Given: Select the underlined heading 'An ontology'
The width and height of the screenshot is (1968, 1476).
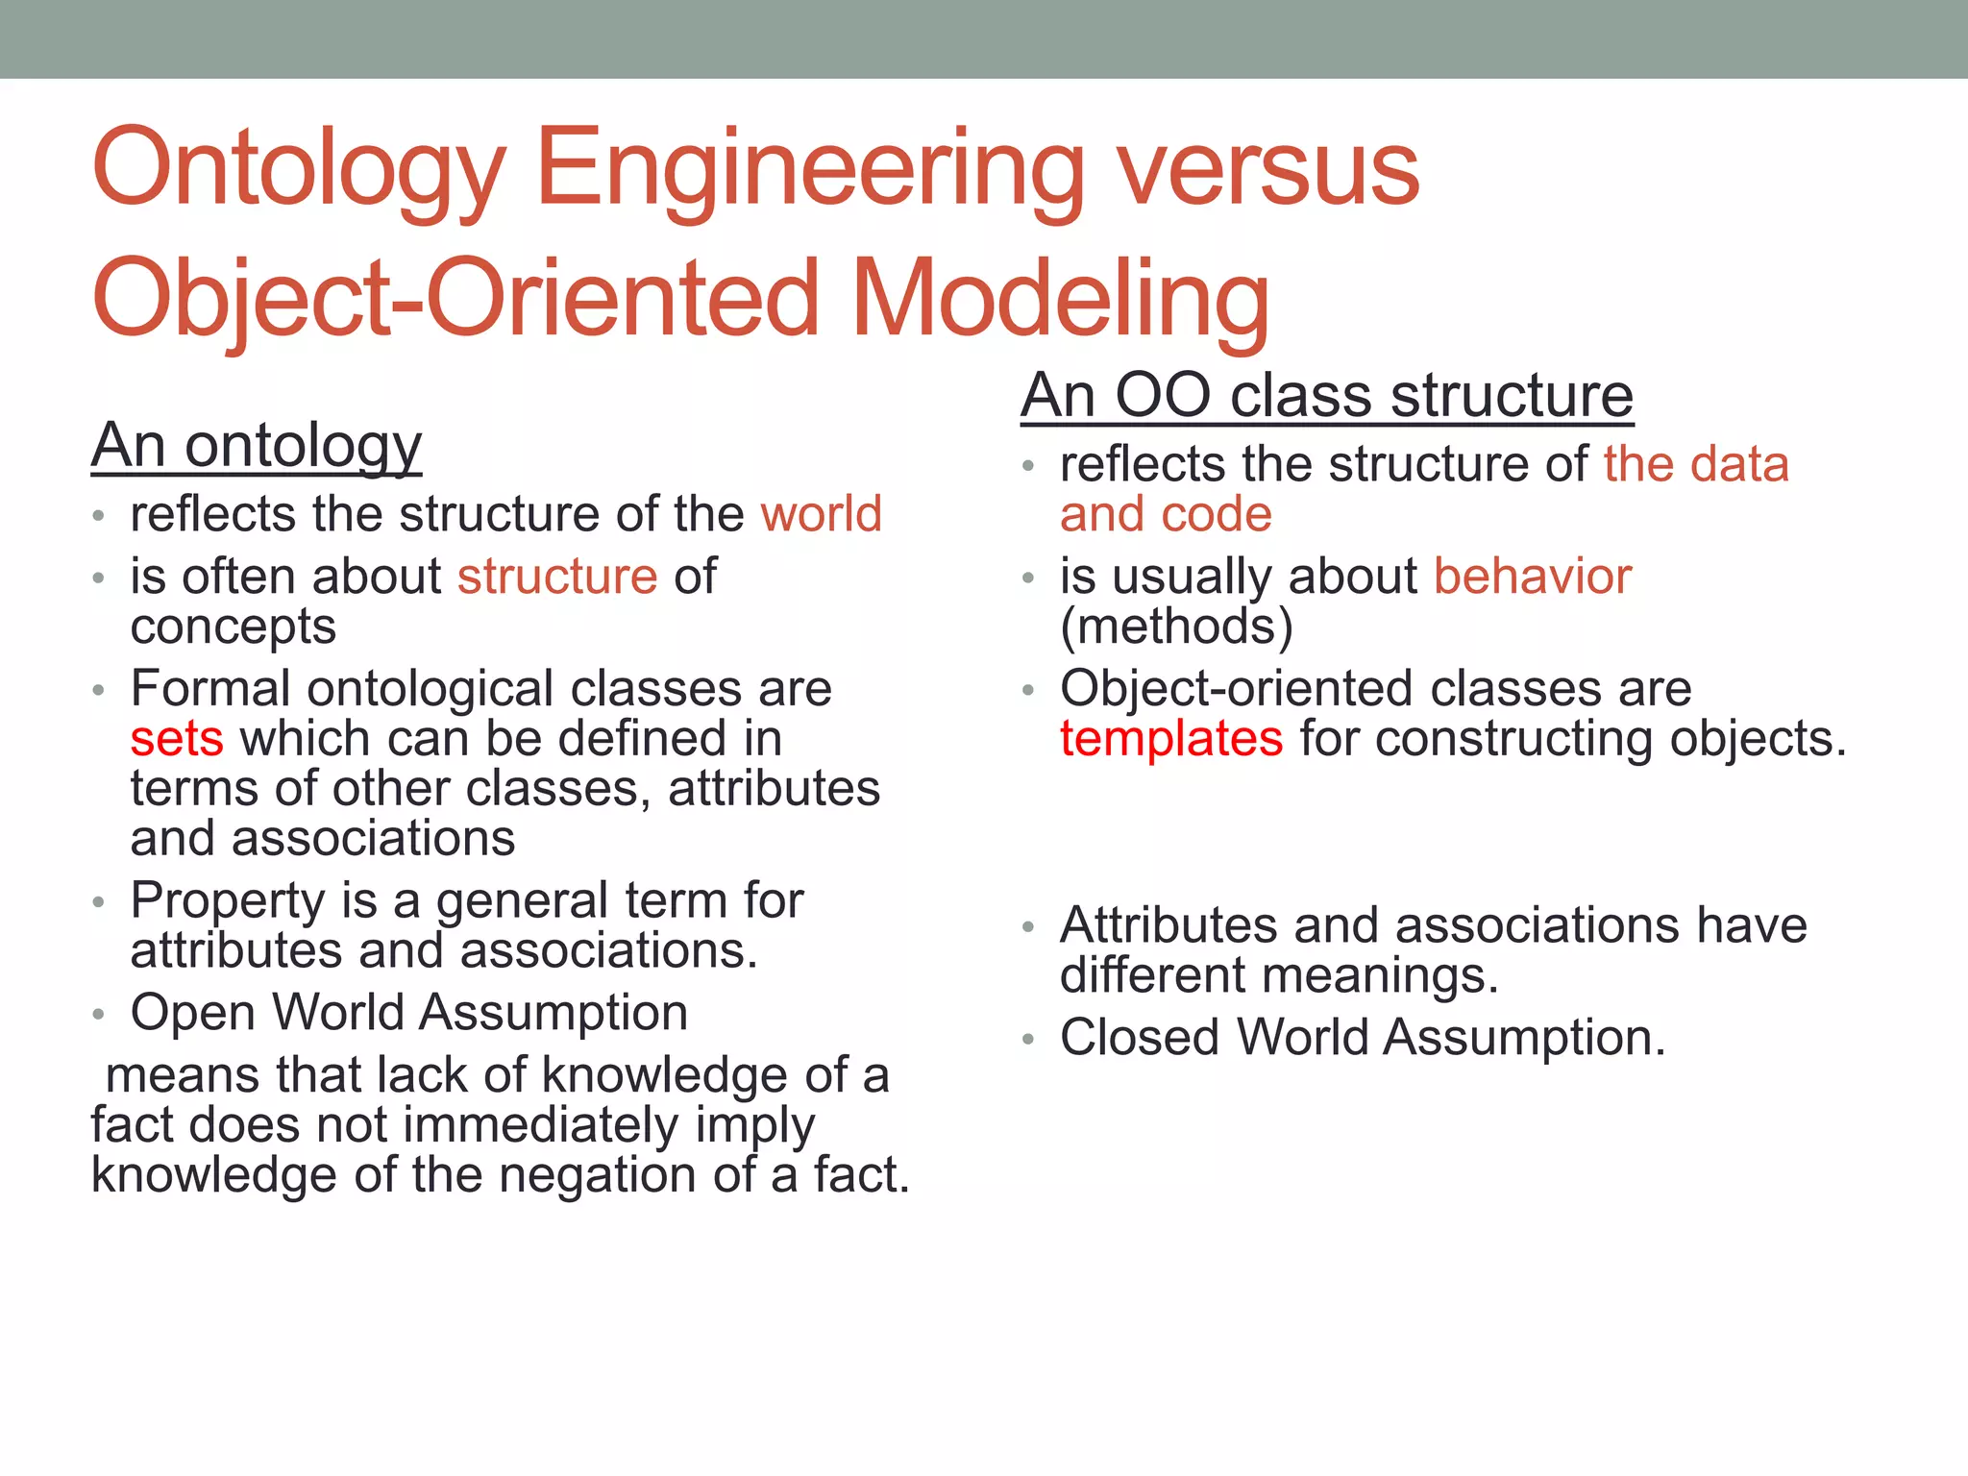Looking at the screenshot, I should coord(257,446).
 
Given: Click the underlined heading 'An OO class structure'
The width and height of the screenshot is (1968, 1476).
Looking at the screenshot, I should coord(1326,396).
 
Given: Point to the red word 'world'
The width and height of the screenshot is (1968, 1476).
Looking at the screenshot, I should coord(821,514).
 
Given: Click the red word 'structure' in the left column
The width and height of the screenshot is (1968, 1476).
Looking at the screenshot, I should coord(557,577).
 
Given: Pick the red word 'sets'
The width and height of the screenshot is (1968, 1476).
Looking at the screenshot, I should coord(177,739).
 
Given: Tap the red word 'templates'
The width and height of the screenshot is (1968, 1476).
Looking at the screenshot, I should coord(1170,739).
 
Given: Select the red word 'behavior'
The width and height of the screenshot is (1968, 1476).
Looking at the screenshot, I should coord(1532,577).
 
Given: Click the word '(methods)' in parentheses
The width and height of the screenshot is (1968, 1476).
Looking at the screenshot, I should coord(1176,627).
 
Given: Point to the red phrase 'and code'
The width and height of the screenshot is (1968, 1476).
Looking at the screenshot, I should coord(1166,514).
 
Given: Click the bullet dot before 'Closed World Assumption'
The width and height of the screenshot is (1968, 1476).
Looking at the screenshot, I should coord(1028,1040).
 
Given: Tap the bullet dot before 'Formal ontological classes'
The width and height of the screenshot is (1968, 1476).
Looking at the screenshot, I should coord(98,691).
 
